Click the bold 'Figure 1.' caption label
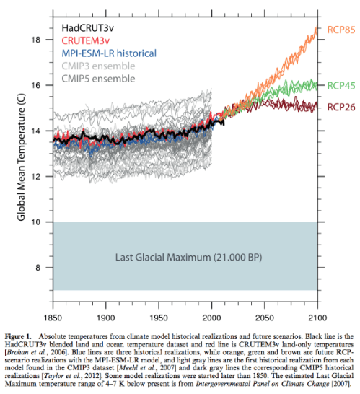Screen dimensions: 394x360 tap(22, 337)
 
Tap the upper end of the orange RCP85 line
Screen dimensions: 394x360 tap(316, 27)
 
